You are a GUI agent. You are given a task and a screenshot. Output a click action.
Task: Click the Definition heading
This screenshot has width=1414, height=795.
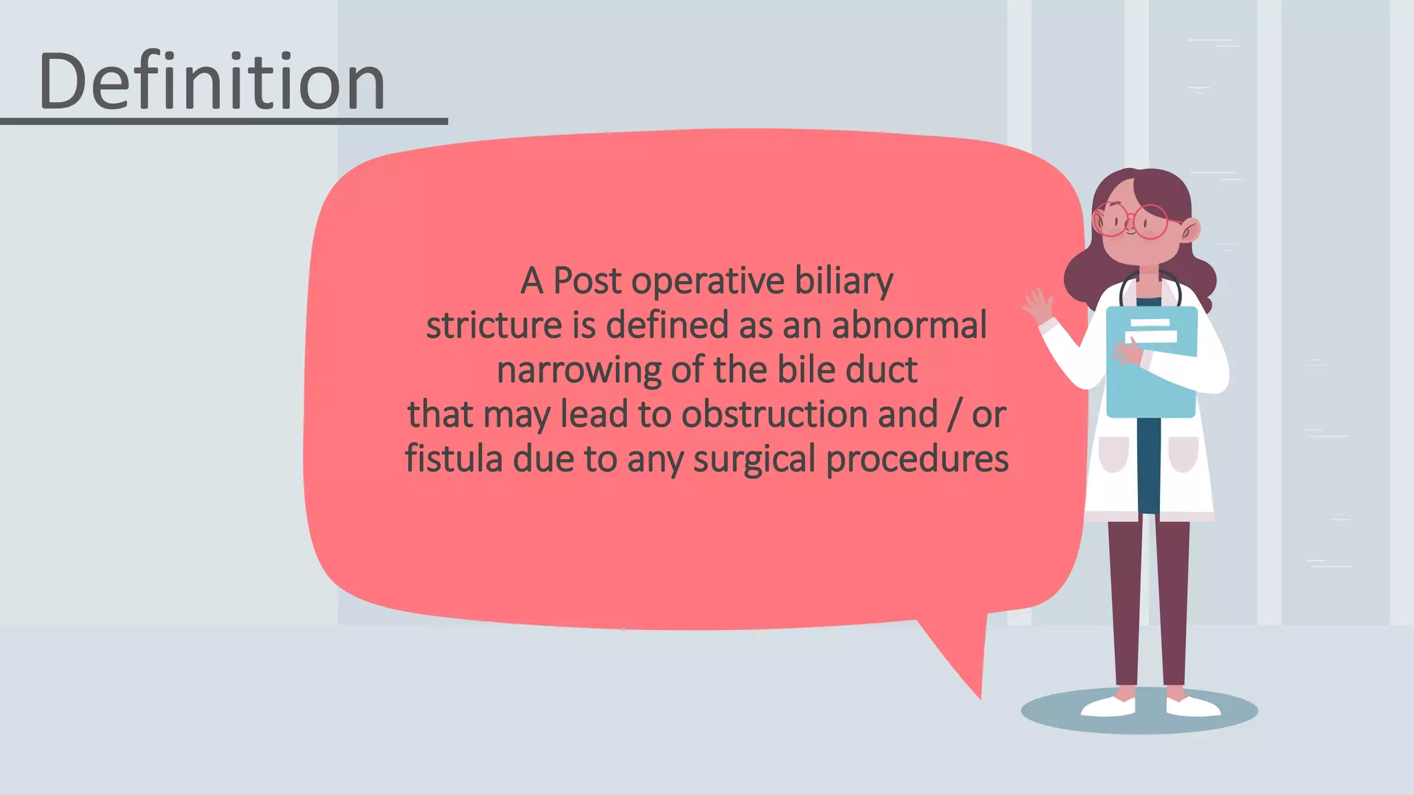point(211,81)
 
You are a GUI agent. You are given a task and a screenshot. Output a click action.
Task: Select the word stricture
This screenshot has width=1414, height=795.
point(494,326)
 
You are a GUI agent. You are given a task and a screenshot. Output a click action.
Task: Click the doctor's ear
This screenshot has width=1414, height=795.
point(1191,230)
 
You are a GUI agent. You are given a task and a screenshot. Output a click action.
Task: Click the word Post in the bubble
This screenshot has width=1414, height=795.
point(587,282)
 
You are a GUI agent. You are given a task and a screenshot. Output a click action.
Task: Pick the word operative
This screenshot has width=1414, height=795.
point(708,282)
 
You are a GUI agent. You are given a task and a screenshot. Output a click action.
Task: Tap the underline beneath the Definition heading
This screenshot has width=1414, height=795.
point(224,121)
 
